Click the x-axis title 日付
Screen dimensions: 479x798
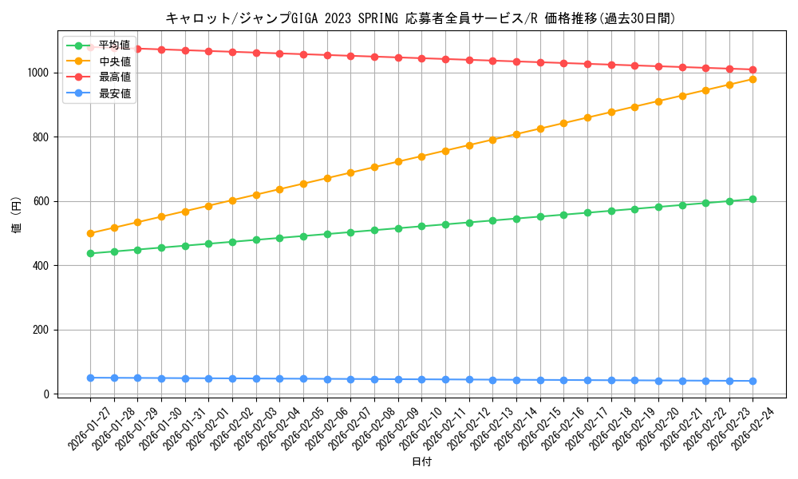coord(421,462)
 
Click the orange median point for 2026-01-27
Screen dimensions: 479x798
coord(90,233)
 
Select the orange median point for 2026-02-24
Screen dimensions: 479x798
coord(753,79)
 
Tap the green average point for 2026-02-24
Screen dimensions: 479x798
coord(753,199)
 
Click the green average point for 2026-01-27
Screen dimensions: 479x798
coord(90,253)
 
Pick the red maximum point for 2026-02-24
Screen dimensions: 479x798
coord(753,69)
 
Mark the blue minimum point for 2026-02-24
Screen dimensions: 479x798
coord(753,381)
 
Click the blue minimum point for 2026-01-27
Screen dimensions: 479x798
coord(90,378)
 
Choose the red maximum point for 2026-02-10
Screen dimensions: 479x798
coord(421,58)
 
